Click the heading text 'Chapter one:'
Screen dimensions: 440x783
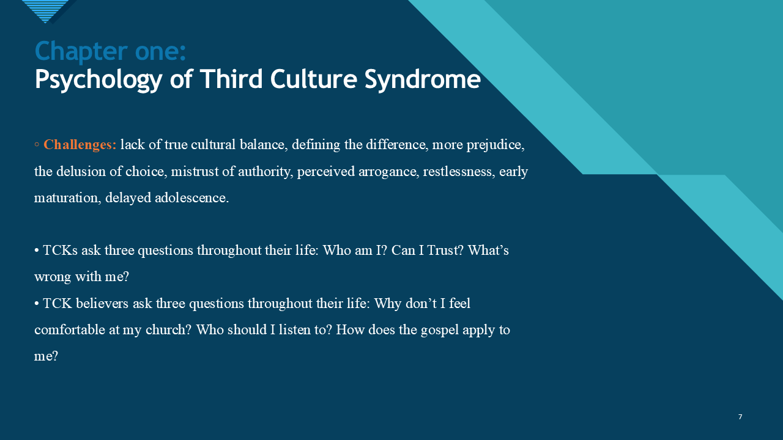point(110,51)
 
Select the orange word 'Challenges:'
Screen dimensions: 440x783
point(80,145)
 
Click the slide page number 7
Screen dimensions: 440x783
point(740,417)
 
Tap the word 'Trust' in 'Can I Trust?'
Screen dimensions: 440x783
point(445,251)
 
